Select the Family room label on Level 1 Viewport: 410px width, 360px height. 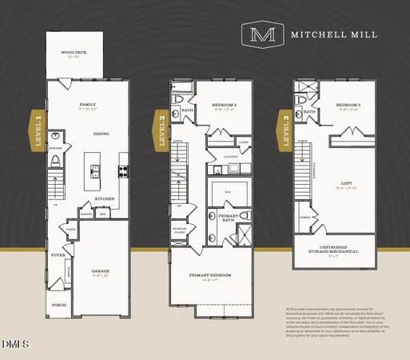pyautogui.click(x=87, y=105)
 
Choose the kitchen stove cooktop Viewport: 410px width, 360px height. pyautogui.click(x=123, y=170)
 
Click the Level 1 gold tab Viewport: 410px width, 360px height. pyautogui.click(x=37, y=130)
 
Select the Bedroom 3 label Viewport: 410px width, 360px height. pyautogui.click(x=347, y=105)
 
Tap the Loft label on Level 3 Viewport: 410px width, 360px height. pyautogui.click(x=345, y=185)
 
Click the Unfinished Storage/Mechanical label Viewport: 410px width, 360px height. pyautogui.click(x=334, y=250)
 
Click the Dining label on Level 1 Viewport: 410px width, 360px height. pyautogui.click(x=102, y=134)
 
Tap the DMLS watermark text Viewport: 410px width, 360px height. pyautogui.click(x=14, y=345)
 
